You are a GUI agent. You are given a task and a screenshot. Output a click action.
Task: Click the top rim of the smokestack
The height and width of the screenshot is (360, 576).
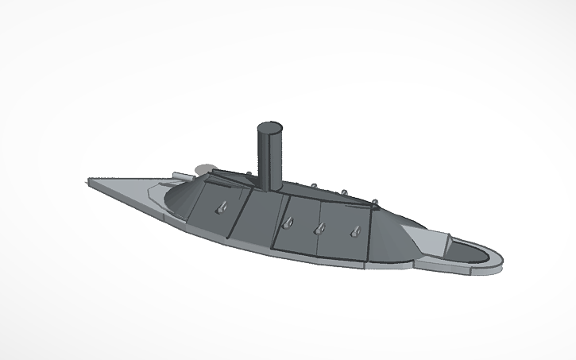(x=269, y=127)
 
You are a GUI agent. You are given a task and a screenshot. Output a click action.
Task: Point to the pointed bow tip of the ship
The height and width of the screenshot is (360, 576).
(x=87, y=180)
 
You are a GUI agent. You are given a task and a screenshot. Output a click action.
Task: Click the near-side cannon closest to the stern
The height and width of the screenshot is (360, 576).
(x=354, y=232)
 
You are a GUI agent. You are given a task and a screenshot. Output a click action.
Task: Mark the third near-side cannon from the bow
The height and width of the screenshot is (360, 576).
(x=319, y=229)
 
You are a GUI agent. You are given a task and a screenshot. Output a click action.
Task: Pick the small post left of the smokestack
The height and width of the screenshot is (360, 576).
(x=252, y=176)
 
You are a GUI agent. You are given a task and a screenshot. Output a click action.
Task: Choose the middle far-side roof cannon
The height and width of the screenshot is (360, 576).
(x=344, y=192)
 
